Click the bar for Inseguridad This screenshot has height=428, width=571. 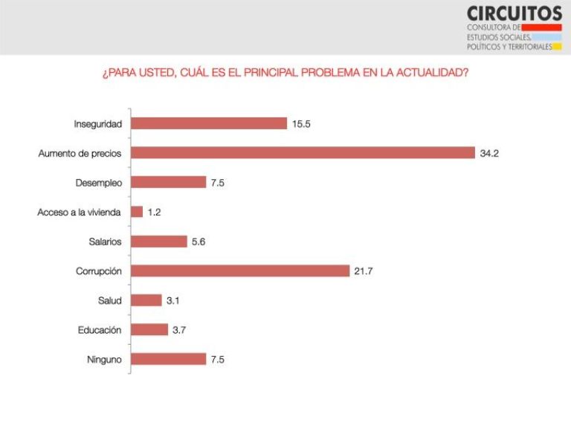point(209,123)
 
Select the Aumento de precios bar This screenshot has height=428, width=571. point(303,153)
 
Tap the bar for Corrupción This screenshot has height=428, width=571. point(240,270)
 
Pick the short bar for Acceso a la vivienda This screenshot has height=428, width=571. point(137,212)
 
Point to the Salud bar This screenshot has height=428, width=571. point(146,300)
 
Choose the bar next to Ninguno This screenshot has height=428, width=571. point(169,359)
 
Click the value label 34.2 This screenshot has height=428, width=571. point(488,153)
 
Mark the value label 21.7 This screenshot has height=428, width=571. point(364,270)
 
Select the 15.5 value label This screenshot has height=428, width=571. point(301,123)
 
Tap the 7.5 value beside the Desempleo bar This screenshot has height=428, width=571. point(218,183)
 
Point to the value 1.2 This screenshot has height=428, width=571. point(154,212)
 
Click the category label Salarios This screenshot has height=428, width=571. point(105,241)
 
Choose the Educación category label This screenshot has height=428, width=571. point(100,330)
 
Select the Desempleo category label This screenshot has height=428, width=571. point(99,183)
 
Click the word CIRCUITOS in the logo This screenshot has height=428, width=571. point(514,13)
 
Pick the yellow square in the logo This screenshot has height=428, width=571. point(557,46)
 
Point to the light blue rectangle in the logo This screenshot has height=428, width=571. point(547,36)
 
